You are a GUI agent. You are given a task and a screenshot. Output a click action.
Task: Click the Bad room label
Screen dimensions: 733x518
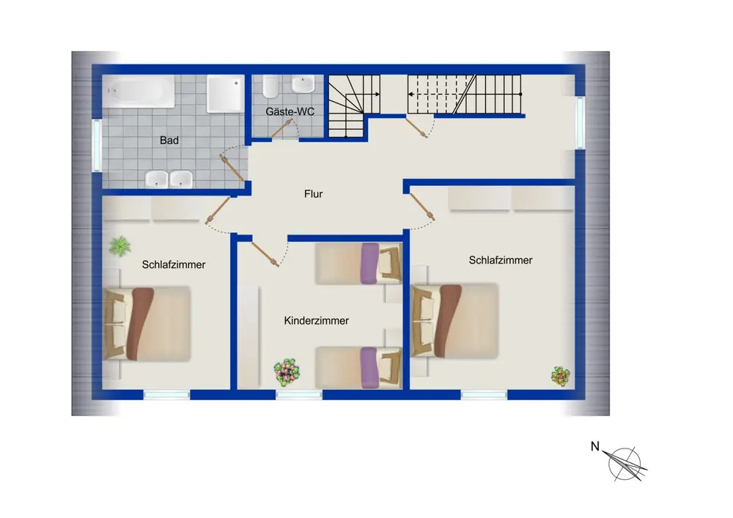pos(169,140)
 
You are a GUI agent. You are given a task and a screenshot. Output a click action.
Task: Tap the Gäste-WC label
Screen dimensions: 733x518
pos(290,111)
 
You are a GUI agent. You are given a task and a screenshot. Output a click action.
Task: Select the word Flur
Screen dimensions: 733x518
pos(313,194)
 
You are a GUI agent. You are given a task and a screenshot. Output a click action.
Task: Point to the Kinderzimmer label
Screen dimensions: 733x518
pos(317,321)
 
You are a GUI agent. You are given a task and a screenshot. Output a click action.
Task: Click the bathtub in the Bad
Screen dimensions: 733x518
pos(139,92)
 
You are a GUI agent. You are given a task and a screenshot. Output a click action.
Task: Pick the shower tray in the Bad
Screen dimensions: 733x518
pos(225,94)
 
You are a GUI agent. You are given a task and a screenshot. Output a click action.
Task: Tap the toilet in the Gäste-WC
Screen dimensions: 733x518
pos(270,86)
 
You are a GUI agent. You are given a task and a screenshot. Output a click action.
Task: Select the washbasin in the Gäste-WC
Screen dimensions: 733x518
pos(303,84)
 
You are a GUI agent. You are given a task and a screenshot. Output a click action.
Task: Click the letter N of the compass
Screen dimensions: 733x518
pos(595,446)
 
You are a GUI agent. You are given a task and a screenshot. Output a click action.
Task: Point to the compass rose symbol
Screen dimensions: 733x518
pos(625,463)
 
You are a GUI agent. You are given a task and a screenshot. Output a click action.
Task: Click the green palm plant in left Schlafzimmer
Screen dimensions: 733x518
pos(119,246)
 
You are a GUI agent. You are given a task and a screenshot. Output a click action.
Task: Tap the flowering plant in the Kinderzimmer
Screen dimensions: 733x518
pos(287,371)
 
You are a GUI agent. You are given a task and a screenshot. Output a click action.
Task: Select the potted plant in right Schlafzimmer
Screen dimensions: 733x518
pos(561,376)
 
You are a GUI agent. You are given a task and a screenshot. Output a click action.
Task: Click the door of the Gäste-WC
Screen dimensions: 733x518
pos(282,128)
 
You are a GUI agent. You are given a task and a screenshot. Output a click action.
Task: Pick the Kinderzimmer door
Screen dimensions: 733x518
pos(265,254)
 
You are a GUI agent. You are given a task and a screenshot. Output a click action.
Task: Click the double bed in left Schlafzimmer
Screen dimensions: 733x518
pos(147,324)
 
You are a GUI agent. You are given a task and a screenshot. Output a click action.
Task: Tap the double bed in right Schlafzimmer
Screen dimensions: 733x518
pos(454,321)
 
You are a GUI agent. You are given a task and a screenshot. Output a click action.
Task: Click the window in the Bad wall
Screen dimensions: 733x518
pos(97,145)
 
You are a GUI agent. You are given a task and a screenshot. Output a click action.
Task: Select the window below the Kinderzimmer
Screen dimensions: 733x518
pos(299,395)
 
